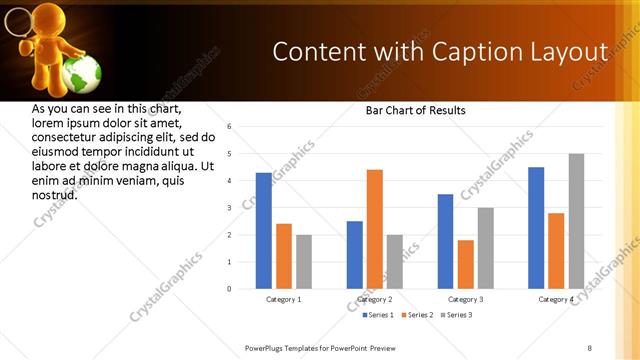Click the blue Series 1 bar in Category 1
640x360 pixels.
click(264, 231)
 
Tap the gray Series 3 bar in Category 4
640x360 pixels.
click(576, 221)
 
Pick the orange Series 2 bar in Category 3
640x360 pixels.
click(465, 264)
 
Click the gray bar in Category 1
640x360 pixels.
click(304, 262)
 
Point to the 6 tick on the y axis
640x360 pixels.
click(229, 127)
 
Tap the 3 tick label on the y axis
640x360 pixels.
click(229, 208)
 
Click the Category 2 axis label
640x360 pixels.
click(375, 299)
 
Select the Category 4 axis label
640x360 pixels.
click(556, 299)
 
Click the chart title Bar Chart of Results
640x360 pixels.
click(415, 110)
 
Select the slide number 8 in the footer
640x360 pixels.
click(589, 348)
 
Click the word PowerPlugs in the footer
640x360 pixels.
click(267, 348)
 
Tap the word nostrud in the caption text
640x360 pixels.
click(56, 194)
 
